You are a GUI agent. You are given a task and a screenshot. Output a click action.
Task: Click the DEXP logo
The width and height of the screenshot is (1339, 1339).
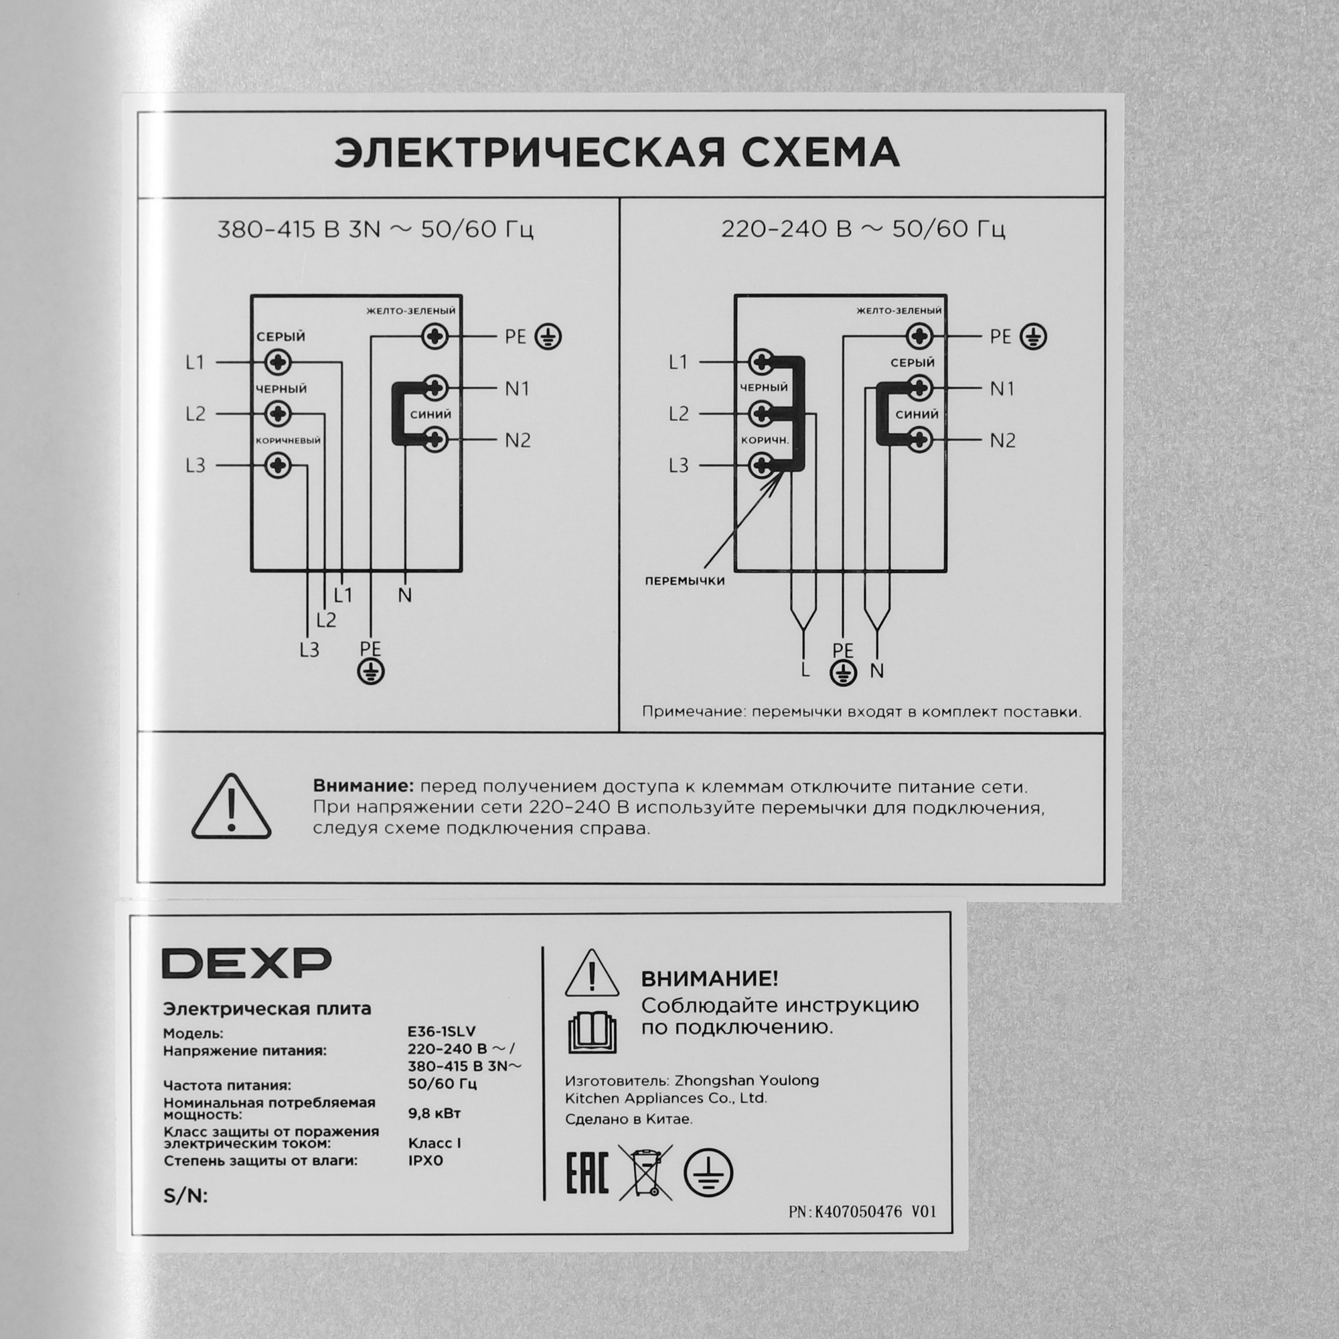click(247, 963)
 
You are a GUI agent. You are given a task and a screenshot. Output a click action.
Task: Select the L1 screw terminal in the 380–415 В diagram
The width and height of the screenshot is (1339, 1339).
click(279, 362)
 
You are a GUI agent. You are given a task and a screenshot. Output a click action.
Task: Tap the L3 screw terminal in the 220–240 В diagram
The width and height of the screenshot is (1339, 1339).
click(762, 465)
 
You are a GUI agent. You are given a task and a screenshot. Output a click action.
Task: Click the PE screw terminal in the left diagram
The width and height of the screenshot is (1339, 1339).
click(435, 337)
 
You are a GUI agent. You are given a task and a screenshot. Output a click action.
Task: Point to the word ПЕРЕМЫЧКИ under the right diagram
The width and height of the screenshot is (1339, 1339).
click(685, 580)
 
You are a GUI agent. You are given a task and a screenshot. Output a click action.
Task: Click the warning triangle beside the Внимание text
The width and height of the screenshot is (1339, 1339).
click(232, 808)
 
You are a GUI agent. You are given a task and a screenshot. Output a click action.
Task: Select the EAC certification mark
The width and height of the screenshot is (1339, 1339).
click(587, 1173)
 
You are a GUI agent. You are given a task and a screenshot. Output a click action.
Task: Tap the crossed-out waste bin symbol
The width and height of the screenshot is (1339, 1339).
click(645, 1173)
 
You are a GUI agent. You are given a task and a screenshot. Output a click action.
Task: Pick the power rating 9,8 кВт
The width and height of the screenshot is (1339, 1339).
click(435, 1113)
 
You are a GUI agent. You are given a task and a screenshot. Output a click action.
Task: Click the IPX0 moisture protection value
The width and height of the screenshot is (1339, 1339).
click(426, 1160)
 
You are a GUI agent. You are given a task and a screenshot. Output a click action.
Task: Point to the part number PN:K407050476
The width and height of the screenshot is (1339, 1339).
click(862, 1212)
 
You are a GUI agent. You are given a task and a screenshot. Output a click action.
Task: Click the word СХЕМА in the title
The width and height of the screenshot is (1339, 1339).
click(821, 153)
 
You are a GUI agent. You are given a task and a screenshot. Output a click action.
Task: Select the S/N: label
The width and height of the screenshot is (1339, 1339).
click(185, 1196)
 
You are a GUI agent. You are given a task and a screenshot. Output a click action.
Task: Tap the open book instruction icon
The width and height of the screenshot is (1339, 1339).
click(592, 1032)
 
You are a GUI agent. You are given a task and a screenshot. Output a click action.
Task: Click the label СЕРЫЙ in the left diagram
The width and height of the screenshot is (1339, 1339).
click(281, 337)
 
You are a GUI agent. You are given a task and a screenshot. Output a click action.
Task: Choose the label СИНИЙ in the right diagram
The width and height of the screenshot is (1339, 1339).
click(917, 414)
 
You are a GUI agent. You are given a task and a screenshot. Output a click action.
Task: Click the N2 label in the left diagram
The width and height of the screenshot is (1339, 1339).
click(518, 440)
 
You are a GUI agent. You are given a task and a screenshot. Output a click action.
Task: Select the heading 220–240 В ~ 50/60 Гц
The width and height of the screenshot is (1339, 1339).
click(863, 229)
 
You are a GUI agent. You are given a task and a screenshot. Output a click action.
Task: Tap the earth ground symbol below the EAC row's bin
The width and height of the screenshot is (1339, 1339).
click(708, 1173)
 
